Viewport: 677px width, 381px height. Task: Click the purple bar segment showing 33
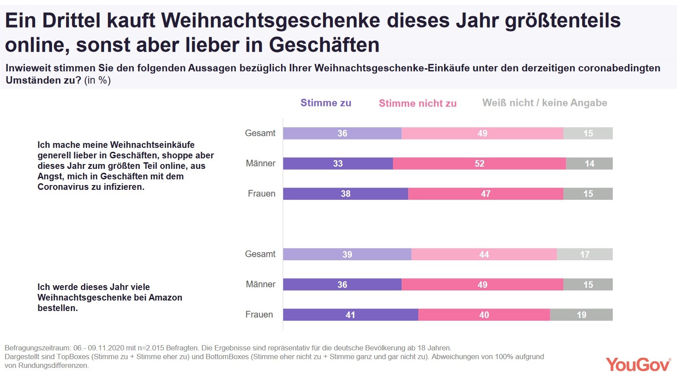point(338,164)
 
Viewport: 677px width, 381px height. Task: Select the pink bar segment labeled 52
point(479,164)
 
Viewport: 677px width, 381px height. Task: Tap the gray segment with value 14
point(589,164)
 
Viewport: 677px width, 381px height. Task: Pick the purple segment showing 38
point(345,194)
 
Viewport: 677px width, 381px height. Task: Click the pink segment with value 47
point(486,194)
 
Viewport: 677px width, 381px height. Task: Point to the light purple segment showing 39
point(347,255)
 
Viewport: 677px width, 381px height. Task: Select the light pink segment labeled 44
point(484,255)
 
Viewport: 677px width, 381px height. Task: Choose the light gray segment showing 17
point(585,255)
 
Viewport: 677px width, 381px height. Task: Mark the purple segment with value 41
point(350,315)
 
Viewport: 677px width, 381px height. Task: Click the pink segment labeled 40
point(484,315)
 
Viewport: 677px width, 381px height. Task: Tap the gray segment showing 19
point(581,315)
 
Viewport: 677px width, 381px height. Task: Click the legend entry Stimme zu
point(326,103)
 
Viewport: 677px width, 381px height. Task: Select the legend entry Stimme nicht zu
point(417,103)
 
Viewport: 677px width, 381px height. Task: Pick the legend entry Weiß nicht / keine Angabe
point(545,103)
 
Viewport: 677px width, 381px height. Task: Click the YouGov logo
point(638,364)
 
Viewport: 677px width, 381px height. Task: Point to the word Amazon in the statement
point(165,297)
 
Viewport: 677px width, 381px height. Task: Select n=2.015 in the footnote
point(151,348)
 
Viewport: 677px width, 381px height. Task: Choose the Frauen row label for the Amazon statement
point(259,315)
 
